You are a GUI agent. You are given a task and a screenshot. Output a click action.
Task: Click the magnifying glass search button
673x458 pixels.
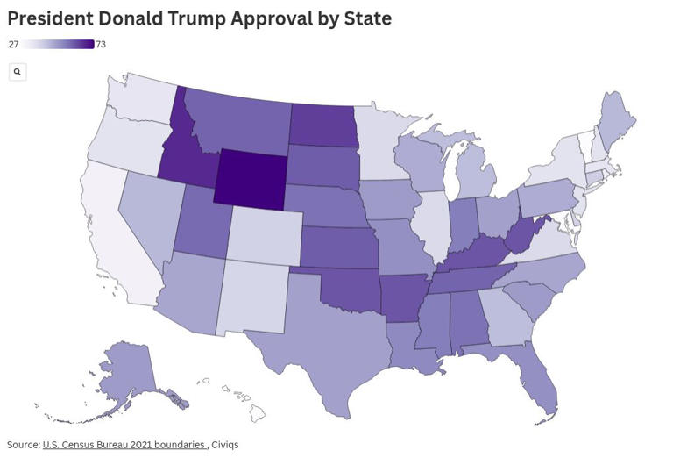(x=17, y=72)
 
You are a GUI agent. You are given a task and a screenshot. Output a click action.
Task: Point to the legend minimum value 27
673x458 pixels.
(x=13, y=45)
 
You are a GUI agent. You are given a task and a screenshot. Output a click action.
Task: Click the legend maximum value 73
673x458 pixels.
(x=101, y=45)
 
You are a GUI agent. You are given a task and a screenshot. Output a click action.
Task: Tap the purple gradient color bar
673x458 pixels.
(x=58, y=45)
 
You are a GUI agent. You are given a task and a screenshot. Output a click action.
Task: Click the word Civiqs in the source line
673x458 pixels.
(x=225, y=445)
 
